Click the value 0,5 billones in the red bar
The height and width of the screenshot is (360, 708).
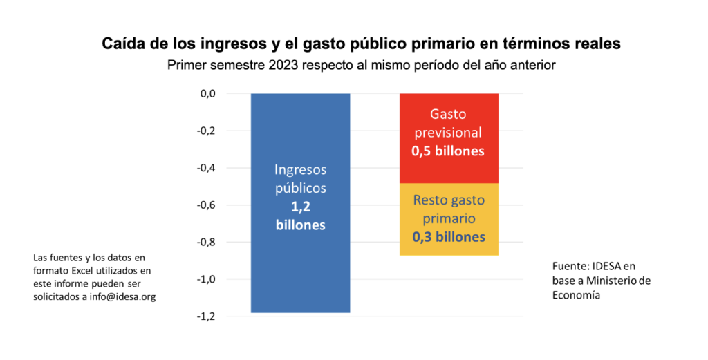point(448,151)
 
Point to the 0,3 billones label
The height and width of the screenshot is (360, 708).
point(448,237)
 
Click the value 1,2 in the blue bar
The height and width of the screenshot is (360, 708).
point(300,207)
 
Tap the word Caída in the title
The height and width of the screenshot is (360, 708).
point(122,44)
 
